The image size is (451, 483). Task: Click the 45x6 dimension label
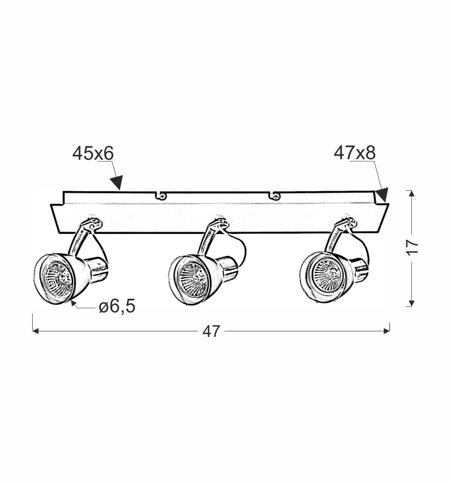[x=93, y=153]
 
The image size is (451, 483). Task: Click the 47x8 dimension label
[x=355, y=153]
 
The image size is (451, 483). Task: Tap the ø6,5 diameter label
[x=117, y=306]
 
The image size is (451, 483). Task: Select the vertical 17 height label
[x=412, y=246]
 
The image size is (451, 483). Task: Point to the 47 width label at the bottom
[x=211, y=331]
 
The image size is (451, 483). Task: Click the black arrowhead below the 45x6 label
[x=117, y=183]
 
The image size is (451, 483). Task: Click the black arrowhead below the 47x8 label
[x=382, y=195]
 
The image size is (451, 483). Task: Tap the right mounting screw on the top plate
[x=275, y=195]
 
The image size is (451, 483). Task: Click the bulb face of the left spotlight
[x=58, y=279]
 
